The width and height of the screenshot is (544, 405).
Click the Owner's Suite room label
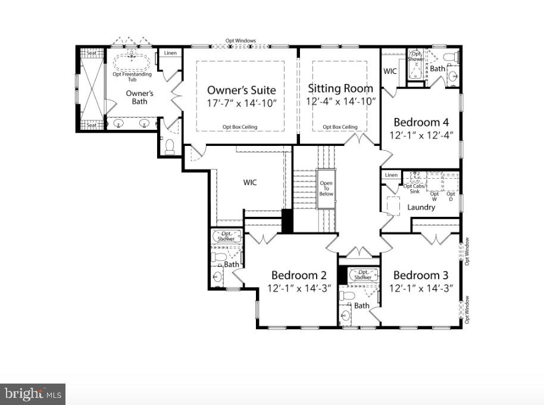tap(241, 90)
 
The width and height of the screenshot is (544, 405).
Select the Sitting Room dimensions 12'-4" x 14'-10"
tap(340, 102)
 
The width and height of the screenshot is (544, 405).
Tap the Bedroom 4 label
tap(421, 122)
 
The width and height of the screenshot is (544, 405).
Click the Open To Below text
tap(326, 189)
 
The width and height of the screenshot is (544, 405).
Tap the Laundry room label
tap(421, 207)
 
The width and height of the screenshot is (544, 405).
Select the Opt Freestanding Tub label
tap(132, 76)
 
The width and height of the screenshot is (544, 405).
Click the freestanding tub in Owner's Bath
tap(132, 61)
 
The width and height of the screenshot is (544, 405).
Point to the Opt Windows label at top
tap(240, 41)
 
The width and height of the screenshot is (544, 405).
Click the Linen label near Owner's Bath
tap(170, 54)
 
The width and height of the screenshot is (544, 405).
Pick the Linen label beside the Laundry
tap(391, 175)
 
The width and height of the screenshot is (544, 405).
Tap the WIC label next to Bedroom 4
tap(390, 71)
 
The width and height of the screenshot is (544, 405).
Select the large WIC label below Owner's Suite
tap(250, 182)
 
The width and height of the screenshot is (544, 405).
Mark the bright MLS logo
tap(33, 394)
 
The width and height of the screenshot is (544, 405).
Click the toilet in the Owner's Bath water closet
tap(170, 145)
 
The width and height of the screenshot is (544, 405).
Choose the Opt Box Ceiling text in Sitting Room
tap(340, 127)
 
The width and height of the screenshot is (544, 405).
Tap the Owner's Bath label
tap(140, 97)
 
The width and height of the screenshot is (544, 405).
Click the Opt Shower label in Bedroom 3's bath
tap(362, 275)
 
